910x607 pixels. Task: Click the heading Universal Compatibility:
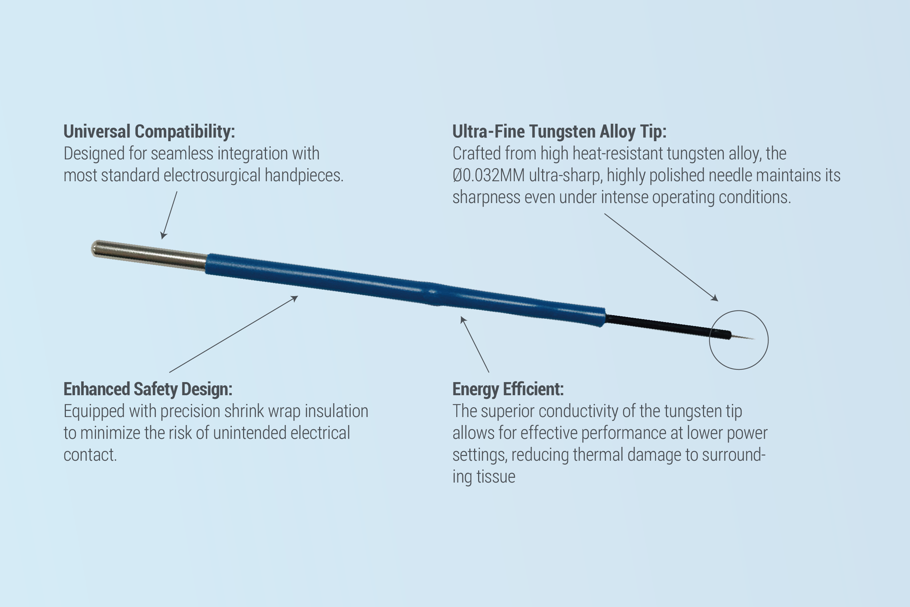(x=149, y=132)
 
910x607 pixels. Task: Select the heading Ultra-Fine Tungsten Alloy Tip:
(x=559, y=132)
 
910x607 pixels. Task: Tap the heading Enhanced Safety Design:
(x=148, y=389)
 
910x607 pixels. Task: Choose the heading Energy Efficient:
(x=508, y=389)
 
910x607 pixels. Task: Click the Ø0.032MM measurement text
(x=489, y=175)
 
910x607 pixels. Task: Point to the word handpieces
(x=304, y=175)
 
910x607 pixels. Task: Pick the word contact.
(x=90, y=455)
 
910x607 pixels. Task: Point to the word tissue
(x=496, y=477)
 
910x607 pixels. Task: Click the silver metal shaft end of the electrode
(x=150, y=254)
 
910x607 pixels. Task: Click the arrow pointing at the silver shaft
(x=169, y=215)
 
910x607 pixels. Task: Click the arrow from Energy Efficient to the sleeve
(x=474, y=345)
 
